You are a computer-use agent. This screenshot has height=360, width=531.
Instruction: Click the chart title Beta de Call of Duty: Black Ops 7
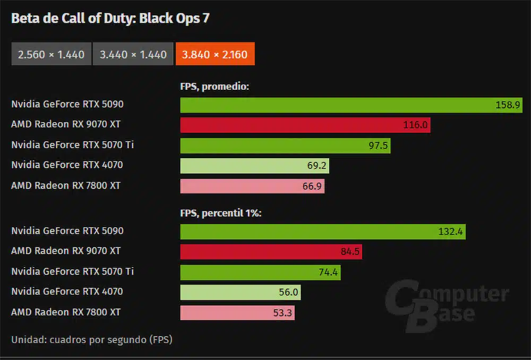tap(110, 19)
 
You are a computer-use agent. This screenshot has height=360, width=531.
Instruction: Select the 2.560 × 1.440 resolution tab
tap(51, 54)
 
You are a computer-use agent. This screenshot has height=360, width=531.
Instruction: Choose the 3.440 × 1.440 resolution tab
tap(133, 54)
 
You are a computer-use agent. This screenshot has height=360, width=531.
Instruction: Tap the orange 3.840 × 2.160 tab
tap(215, 54)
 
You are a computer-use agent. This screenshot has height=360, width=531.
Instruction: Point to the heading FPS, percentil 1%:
tap(221, 213)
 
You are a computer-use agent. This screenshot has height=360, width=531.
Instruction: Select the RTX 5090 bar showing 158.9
tap(351, 105)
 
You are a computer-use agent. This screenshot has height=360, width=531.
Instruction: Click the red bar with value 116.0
tap(305, 125)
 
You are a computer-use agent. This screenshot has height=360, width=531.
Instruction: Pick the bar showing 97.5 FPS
tap(285, 145)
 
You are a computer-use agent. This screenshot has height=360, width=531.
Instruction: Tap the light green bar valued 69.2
tap(254, 166)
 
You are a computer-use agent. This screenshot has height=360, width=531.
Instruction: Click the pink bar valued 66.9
tap(252, 186)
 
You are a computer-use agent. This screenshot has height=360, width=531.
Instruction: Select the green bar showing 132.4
tap(323, 232)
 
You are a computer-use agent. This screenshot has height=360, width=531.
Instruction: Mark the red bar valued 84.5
tap(271, 252)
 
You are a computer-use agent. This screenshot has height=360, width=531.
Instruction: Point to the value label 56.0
tap(289, 293)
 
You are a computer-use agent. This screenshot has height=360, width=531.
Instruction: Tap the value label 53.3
tap(282, 313)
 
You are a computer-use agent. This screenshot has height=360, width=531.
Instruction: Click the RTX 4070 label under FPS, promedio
tap(67, 165)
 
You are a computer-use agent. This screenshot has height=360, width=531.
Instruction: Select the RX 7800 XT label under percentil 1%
tap(66, 312)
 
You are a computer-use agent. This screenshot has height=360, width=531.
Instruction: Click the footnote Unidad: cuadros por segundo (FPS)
tap(91, 339)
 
